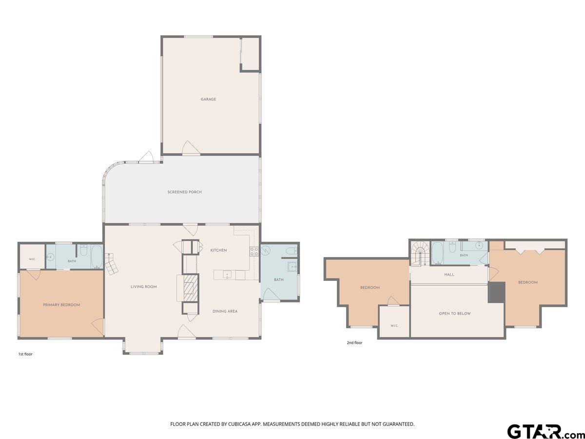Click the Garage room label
coord(209,99)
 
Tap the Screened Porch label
coord(184,192)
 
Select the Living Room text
coord(144,287)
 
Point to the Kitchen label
coord(218,250)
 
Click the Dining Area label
coord(225,311)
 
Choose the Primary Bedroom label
coord(61,305)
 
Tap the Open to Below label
coord(455,314)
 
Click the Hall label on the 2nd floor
coord(449,275)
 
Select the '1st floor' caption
coord(25,354)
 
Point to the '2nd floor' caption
coord(354,343)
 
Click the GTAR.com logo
coord(544,431)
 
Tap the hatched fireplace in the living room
coord(191,288)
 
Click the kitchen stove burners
coord(254,252)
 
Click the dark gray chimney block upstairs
coord(496,292)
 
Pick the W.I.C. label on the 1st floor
coord(32,259)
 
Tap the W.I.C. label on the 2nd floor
coord(394,326)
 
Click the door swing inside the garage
coord(191,147)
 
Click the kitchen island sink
coord(227,275)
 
